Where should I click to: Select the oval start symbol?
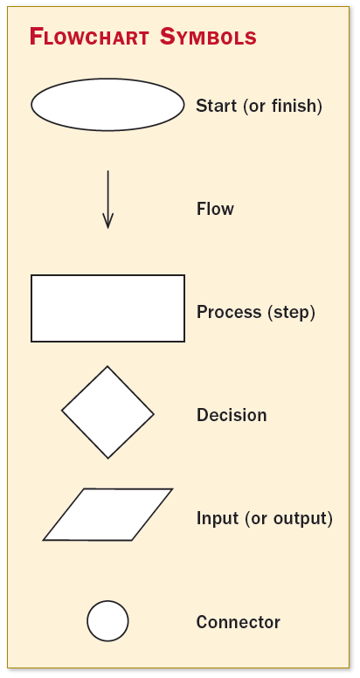107,105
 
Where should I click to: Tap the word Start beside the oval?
215,107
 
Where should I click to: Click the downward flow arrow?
107,197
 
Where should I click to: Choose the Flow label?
215,210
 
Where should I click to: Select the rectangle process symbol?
107,308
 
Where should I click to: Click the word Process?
229,312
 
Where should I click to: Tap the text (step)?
291,312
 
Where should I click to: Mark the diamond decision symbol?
107,412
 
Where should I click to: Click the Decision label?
232,415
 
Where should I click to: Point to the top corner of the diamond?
107,368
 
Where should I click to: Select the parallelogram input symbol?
107,515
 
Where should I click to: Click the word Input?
216,518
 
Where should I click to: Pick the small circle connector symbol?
107,621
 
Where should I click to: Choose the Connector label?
238,623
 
